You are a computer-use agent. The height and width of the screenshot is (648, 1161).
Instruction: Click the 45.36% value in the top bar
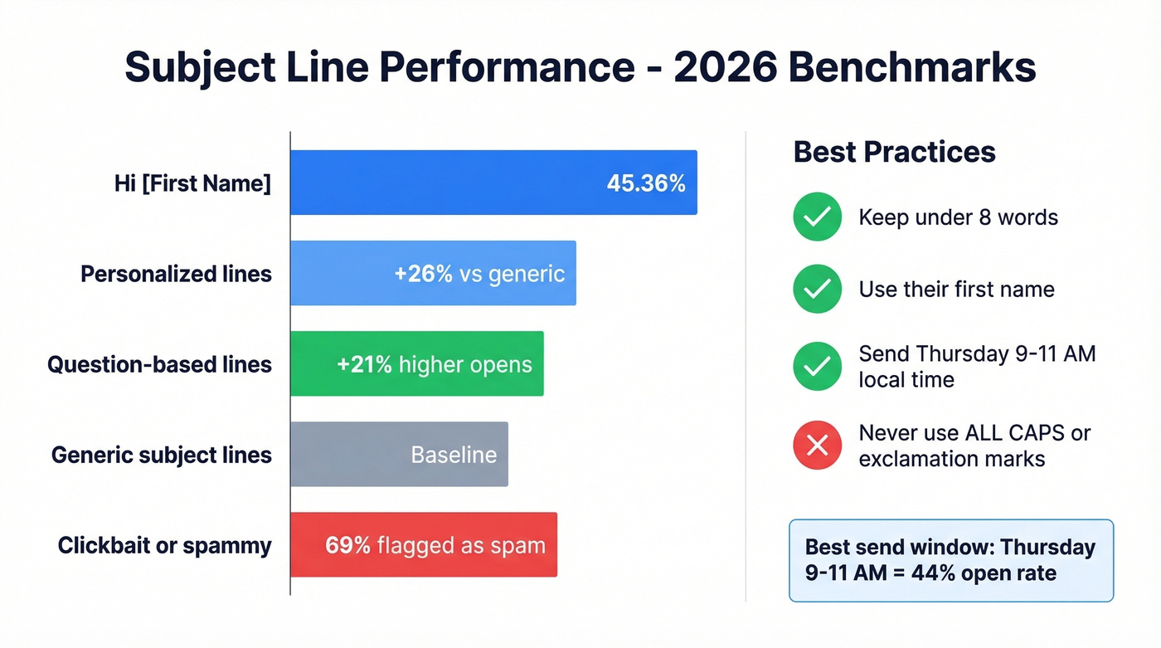[646, 183]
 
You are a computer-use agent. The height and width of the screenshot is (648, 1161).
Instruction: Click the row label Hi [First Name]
[192, 183]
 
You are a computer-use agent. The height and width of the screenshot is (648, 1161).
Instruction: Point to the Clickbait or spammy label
[164, 545]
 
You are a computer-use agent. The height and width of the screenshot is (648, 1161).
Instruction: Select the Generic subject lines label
[161, 455]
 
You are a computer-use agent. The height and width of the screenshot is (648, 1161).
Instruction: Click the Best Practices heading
[894, 152]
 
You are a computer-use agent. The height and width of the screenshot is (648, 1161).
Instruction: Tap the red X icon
[818, 446]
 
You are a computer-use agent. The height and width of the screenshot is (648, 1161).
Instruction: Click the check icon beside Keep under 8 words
[818, 217]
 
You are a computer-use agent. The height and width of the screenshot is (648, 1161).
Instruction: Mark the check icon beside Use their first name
[818, 289]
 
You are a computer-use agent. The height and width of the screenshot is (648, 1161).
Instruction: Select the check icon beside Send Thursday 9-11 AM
[818, 367]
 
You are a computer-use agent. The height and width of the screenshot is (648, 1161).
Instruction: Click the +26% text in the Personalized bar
[423, 274]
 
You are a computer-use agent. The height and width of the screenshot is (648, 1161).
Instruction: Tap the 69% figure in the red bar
[347, 545]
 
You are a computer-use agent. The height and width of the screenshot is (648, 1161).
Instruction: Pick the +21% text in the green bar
[364, 364]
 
